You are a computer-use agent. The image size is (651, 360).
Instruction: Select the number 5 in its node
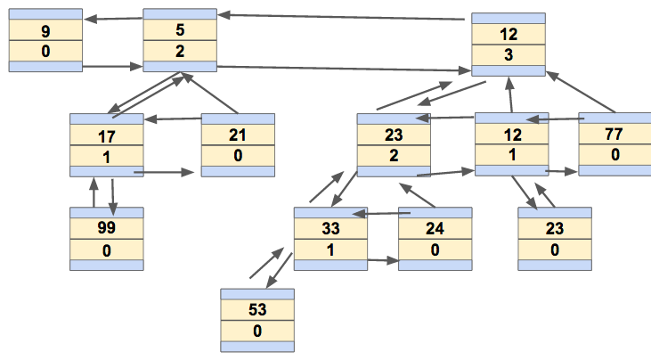180,32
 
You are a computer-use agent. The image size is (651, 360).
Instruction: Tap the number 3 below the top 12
508,54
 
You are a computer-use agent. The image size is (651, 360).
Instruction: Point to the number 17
107,139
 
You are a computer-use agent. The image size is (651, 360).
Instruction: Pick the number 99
107,229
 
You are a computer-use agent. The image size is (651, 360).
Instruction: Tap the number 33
330,229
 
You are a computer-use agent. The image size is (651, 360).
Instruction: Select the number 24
435,229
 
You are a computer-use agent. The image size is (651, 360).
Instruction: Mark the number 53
257,311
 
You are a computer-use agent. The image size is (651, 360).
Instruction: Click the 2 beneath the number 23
393,155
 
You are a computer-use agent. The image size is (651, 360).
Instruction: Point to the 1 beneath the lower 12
510,155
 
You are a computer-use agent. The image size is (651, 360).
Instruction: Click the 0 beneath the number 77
614,155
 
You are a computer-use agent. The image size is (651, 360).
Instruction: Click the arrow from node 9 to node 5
113,65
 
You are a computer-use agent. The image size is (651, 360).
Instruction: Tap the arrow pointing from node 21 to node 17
173,119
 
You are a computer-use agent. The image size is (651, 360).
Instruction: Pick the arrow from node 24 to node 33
383,213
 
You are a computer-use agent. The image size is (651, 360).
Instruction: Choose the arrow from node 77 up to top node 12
582,93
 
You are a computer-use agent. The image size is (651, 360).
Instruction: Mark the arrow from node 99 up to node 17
94,192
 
